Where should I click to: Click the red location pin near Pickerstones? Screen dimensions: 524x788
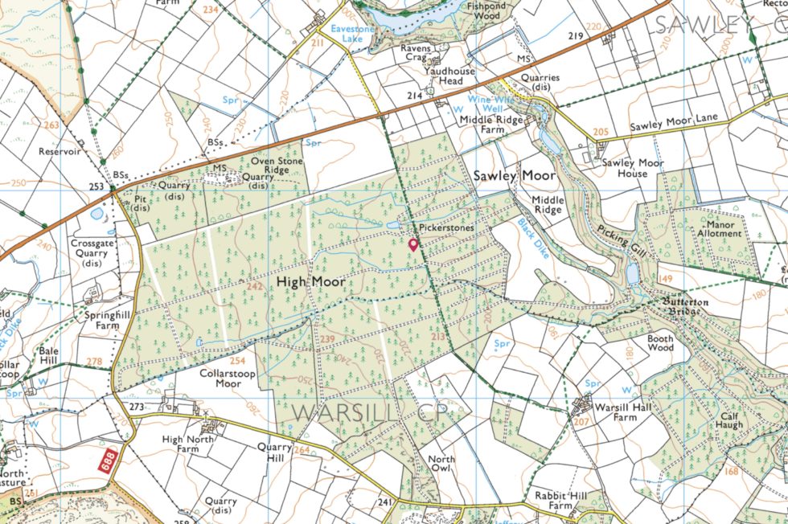coord(413,244)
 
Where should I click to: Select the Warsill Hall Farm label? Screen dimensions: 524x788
coord(615,412)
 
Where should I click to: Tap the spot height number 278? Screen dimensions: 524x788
coord(94,362)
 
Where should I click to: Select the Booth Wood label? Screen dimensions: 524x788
coord(660,344)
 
